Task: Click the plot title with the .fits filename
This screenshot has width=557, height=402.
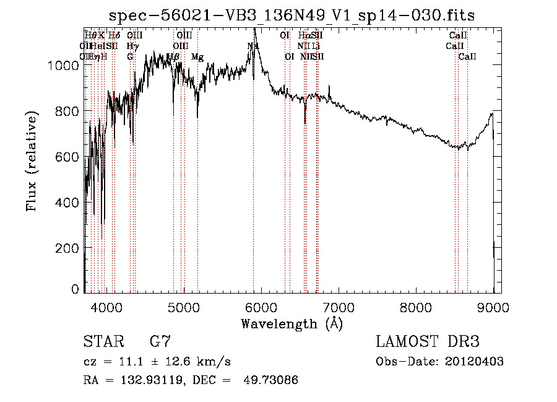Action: (292, 15)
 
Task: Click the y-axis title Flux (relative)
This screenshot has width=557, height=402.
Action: (32, 161)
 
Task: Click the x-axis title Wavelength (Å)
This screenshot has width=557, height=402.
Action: (291, 323)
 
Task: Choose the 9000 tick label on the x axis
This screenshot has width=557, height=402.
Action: (493, 307)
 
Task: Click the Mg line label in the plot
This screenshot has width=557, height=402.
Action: (197, 57)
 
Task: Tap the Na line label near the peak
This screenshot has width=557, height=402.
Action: (253, 46)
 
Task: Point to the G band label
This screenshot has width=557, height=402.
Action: (130, 56)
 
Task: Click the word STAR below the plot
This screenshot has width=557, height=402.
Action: (102, 342)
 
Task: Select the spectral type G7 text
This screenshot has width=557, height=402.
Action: (160, 342)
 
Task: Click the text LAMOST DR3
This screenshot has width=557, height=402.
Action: (428, 342)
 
